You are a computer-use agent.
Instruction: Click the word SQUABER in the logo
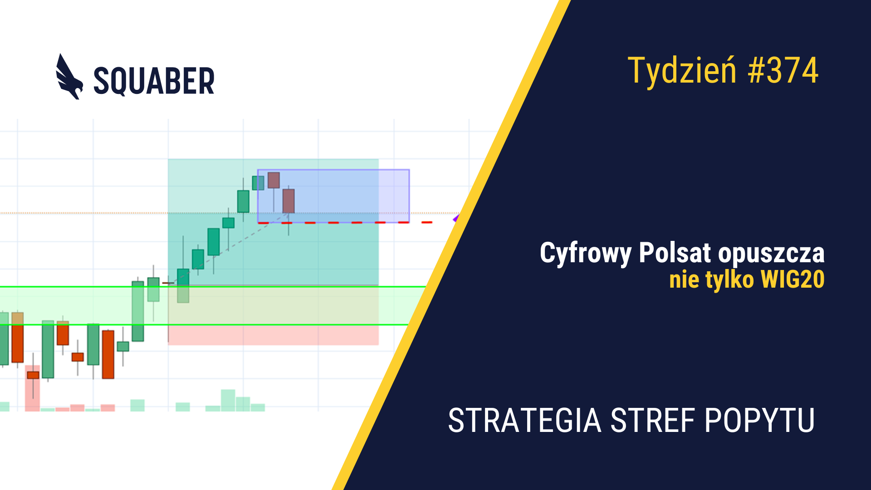coord(154,81)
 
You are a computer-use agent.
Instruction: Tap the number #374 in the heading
coord(783,70)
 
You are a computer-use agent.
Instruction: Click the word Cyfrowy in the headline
coord(585,253)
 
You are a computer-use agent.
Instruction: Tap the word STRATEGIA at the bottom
coord(525,421)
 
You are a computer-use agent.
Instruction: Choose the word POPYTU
coord(760,421)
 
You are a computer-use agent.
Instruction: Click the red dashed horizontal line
coord(345,223)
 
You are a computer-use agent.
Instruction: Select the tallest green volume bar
coord(228,400)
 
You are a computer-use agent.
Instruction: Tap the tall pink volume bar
coord(32,388)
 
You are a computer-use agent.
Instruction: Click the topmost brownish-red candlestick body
coord(274,180)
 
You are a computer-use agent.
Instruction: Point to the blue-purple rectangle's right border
coord(409,196)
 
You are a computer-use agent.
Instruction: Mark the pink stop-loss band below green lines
coord(273,335)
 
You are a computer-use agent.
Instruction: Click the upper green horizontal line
coord(213,287)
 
